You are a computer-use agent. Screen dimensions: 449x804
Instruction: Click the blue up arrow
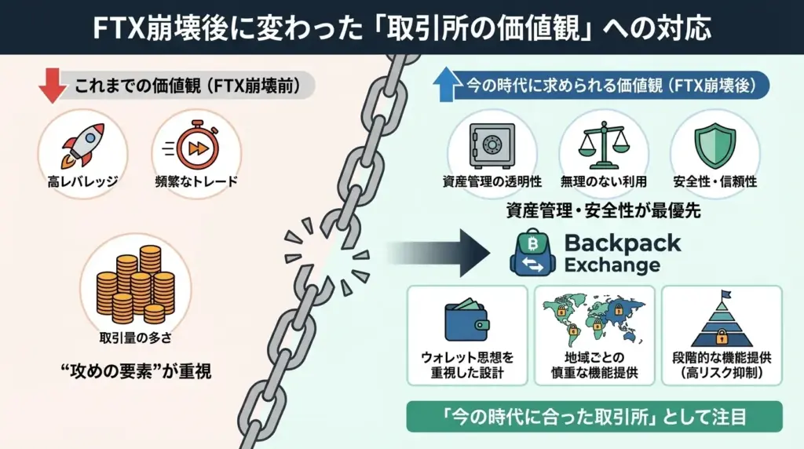445,84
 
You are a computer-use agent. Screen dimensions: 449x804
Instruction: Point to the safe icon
492,144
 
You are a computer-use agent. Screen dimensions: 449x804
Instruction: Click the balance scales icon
604,144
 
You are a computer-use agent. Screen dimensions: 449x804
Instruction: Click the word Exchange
612,265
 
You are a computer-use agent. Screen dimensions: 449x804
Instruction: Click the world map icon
594,319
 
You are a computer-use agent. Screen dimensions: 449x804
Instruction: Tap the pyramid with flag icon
722,320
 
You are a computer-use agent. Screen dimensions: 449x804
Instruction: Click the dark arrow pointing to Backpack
440,254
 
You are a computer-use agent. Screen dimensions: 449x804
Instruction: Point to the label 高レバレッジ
82,182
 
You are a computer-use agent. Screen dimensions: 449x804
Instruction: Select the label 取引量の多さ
134,338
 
